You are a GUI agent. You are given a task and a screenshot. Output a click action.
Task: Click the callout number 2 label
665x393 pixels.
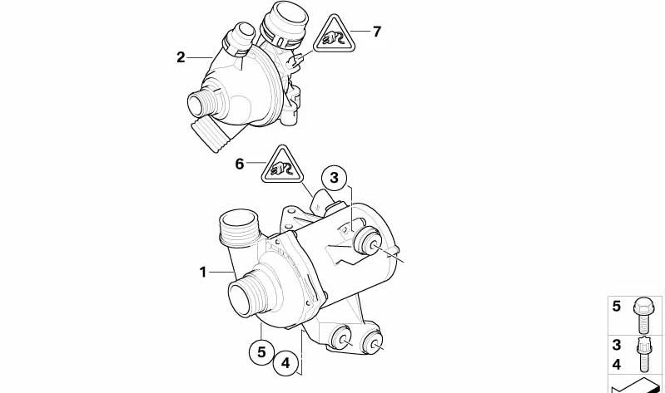[181, 57]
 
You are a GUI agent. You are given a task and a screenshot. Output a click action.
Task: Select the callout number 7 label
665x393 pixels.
[377, 31]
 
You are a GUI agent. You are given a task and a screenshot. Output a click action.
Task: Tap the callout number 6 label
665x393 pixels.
[240, 164]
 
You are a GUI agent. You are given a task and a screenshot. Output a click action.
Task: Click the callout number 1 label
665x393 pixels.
[203, 272]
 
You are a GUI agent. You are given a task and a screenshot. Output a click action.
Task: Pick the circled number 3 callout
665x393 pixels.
[335, 178]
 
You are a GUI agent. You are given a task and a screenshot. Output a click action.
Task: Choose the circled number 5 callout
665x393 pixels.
[261, 352]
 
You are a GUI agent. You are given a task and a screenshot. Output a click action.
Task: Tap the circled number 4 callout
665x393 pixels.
[285, 363]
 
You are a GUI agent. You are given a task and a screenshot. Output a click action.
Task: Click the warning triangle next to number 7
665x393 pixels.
[335, 36]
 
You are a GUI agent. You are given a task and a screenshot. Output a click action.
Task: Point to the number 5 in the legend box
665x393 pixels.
[616, 306]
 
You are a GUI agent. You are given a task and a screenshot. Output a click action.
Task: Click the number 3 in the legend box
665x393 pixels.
[616, 345]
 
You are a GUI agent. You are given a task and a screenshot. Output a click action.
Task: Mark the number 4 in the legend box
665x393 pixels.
[616, 364]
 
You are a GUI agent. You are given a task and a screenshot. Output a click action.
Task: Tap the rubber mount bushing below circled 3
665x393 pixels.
[367, 242]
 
